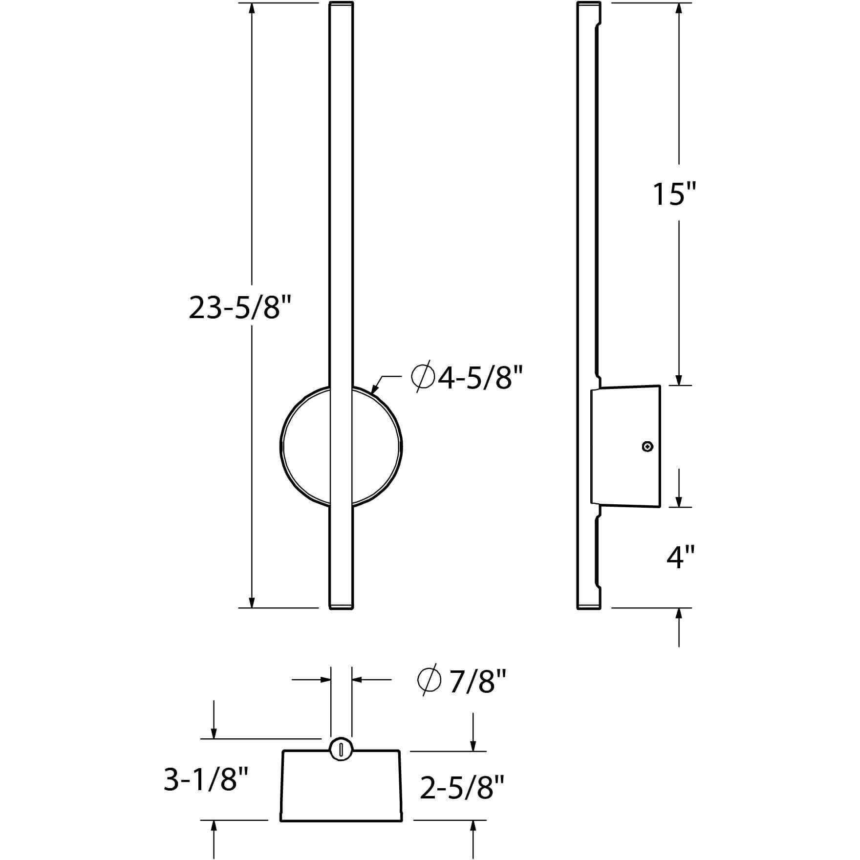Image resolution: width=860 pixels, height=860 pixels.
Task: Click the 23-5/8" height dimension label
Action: (240, 308)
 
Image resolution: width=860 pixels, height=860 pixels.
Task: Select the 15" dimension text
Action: (674, 193)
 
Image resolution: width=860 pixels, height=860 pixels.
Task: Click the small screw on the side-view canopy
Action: (648, 446)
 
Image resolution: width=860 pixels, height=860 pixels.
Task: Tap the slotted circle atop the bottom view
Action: (341, 761)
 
